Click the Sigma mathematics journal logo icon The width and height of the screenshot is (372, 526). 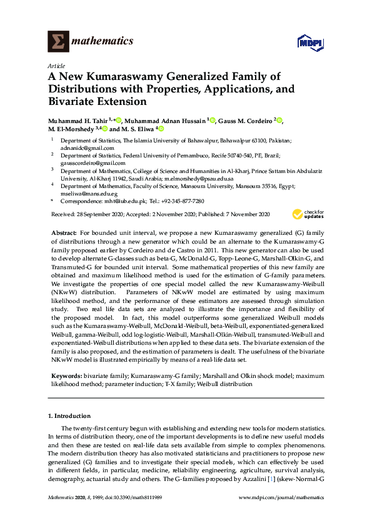coord(59,42)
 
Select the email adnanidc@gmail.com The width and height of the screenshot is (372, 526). coord(81,149)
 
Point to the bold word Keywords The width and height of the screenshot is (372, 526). coord(65,377)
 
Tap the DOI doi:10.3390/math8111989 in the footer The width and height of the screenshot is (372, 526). coord(135,498)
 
